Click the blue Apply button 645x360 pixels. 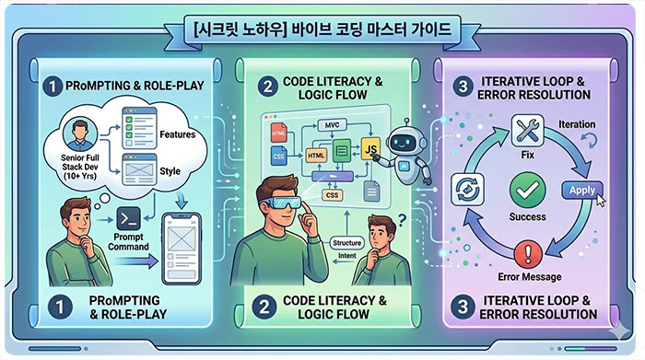pos(581,191)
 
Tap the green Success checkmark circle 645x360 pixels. pos(528,191)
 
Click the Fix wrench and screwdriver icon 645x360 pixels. pos(527,131)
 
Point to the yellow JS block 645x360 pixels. pos(370,148)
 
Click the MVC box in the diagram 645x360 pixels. pos(332,125)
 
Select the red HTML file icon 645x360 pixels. pos(279,134)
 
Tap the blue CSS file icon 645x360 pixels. pos(279,157)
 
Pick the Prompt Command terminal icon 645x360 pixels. pos(129,219)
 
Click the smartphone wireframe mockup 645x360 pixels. pos(182,249)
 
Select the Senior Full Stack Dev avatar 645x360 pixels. pos(80,134)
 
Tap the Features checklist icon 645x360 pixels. pos(139,127)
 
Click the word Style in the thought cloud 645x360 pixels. pos(170,171)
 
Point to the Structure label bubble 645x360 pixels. pos(346,243)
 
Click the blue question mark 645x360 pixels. pos(402,220)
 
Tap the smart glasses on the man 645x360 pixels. pos(280,202)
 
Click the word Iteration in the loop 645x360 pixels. pos(577,124)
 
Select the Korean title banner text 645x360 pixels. pos(322,30)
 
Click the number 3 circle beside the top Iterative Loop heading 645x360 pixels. pos(463,87)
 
